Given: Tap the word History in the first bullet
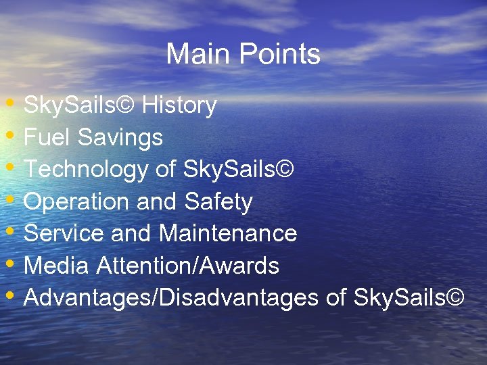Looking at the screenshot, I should pos(179,105).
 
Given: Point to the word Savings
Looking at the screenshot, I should pos(120,138).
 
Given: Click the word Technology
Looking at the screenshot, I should pos(87,170).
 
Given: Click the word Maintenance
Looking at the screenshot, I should pos(228,233).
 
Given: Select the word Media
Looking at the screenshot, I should pos(57,266).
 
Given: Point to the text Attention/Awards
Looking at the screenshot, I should pos(188,266).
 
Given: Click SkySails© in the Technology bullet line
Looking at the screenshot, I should pos(239,170).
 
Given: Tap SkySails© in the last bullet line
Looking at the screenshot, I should pos(409,297).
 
